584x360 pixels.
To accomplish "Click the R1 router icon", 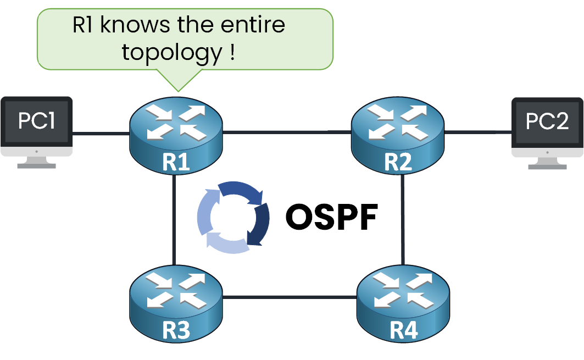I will tap(176, 135).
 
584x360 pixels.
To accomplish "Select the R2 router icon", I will tap(398, 135).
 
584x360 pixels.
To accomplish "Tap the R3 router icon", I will tap(176, 302).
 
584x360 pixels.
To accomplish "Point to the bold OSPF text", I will tap(332, 218).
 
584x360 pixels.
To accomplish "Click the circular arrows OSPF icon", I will tap(233, 218).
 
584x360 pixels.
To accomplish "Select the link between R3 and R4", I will tap(289, 298).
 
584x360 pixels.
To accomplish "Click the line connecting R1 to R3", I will tap(174, 220).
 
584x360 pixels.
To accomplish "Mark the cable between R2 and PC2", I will tap(477, 132).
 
